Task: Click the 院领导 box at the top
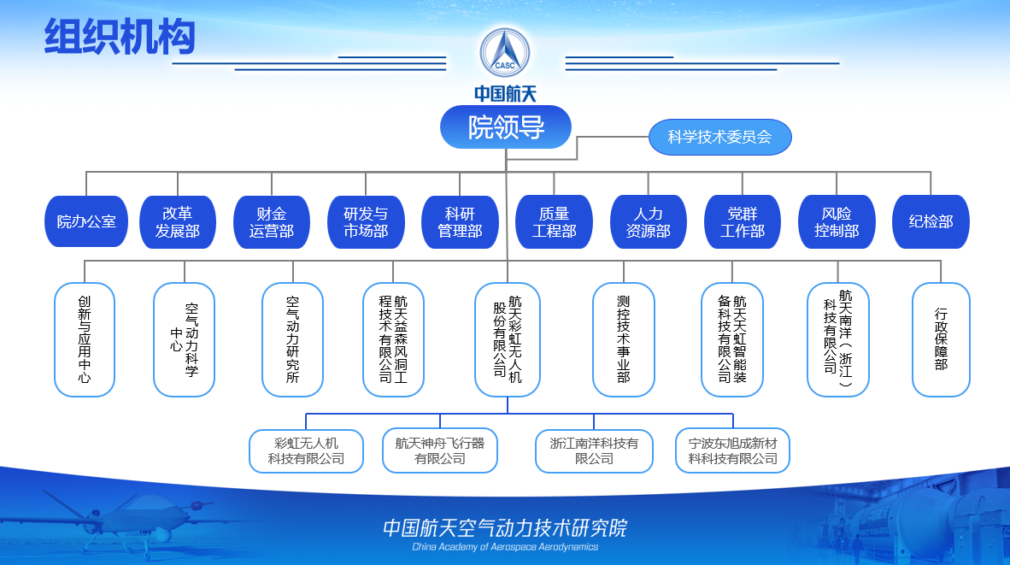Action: [x=506, y=127]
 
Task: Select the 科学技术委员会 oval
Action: [x=719, y=137]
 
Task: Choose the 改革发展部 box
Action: [x=178, y=222]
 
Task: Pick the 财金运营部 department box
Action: [x=272, y=222]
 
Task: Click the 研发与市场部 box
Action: [x=366, y=222]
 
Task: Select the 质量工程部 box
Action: [x=554, y=222]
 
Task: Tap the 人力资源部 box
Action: [x=648, y=222]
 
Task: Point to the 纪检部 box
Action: [x=931, y=222]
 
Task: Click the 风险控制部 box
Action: [x=837, y=222]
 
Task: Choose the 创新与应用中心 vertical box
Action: [x=85, y=339]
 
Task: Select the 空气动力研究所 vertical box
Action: [x=292, y=339]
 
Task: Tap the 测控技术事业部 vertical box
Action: [x=624, y=339]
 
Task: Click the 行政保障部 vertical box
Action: [x=941, y=339]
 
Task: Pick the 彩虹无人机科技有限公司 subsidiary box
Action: [x=306, y=451]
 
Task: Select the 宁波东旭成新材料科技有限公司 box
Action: [x=733, y=451]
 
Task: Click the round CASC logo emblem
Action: [x=505, y=51]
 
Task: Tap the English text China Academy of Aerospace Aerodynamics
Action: [x=505, y=547]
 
